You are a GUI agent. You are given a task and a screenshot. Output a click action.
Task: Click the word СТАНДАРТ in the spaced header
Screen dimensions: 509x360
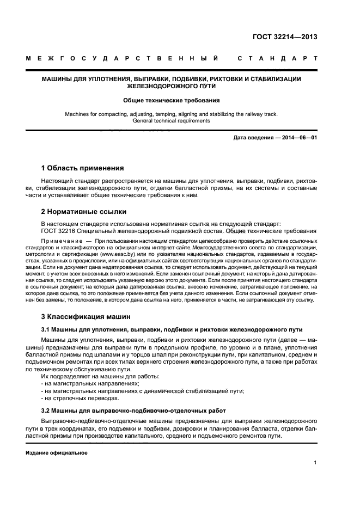point(277,58)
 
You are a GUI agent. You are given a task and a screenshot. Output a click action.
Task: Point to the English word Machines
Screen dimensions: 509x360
point(78,114)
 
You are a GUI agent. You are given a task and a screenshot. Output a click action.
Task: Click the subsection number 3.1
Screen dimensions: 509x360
point(46,329)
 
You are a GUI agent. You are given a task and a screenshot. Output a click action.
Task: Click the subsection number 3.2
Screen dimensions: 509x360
point(46,410)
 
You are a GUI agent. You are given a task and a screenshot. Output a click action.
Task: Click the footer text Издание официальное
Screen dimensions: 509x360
point(57,452)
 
